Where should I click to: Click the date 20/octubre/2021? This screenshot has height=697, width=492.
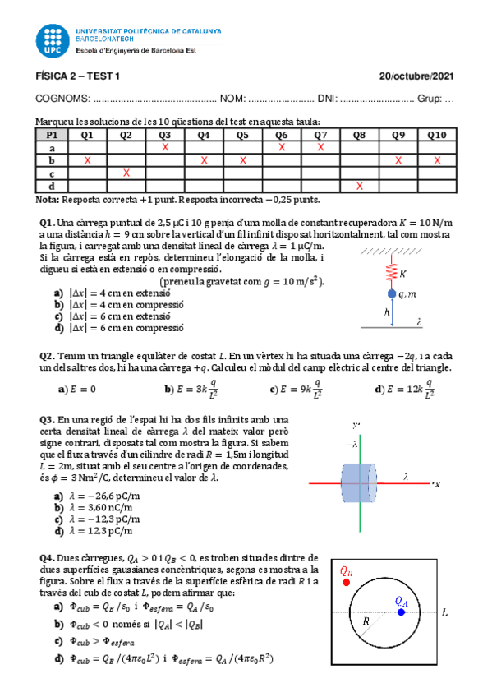[x=416, y=76]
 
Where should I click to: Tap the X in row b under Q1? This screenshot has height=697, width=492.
[x=87, y=160]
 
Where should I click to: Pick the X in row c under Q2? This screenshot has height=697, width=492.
[x=126, y=173]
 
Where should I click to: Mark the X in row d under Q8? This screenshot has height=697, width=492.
[x=359, y=186]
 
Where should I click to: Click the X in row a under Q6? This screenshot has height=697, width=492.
[x=282, y=147]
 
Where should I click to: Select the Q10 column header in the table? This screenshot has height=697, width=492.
[x=436, y=135]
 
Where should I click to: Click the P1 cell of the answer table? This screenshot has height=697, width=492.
[x=52, y=135]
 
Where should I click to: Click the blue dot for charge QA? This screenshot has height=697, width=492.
[x=400, y=612]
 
